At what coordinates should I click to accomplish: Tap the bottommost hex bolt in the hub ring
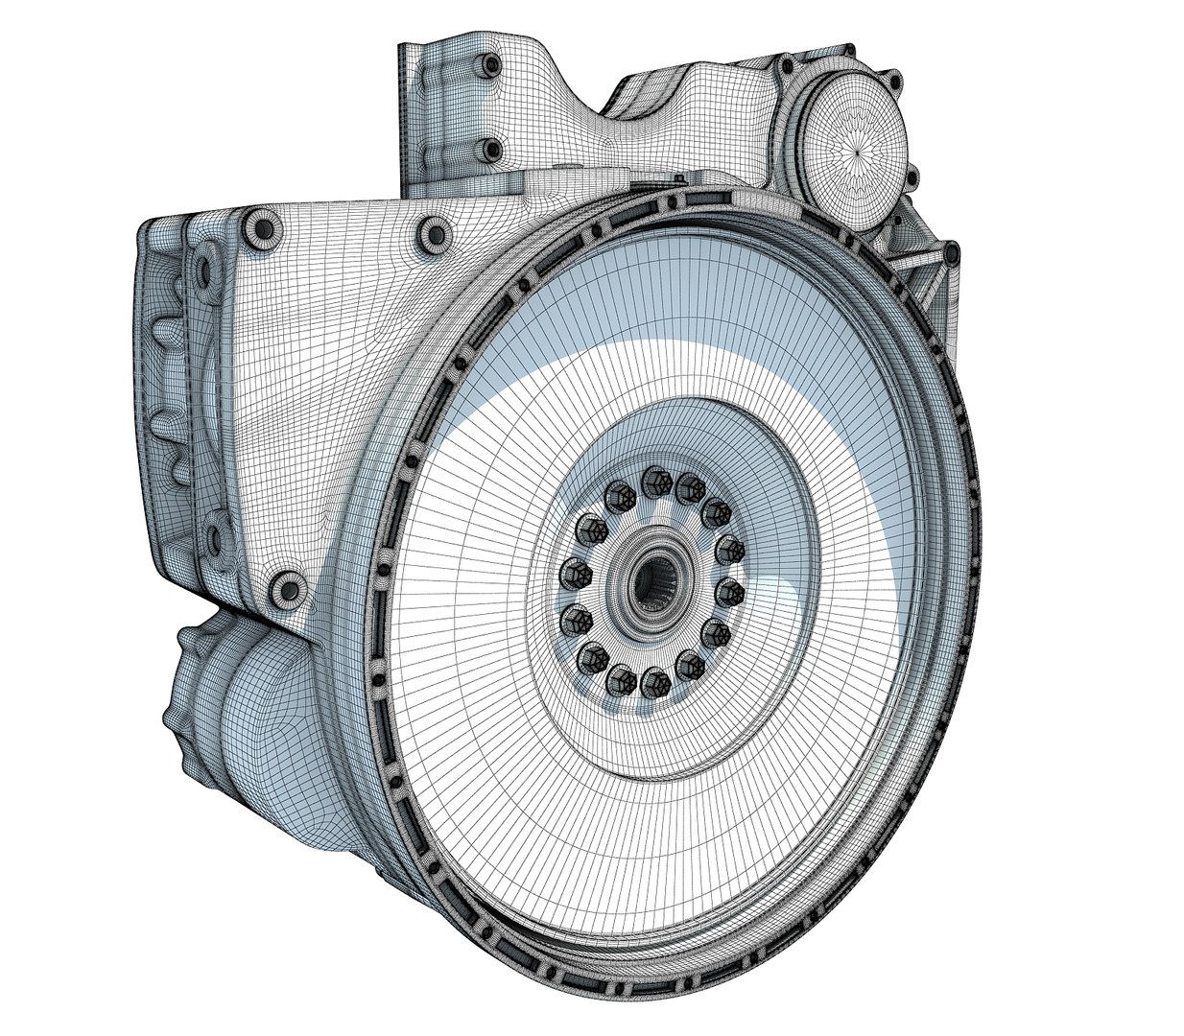[654, 683]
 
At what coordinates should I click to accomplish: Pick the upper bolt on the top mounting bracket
[492, 65]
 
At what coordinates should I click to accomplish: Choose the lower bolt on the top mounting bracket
[490, 150]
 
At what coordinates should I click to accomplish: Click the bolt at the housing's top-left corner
[261, 227]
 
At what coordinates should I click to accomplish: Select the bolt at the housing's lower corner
[286, 589]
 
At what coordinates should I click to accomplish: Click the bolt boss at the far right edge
[951, 253]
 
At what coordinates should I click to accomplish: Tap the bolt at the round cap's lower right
[912, 178]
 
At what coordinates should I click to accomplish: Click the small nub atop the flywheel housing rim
[679, 178]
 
